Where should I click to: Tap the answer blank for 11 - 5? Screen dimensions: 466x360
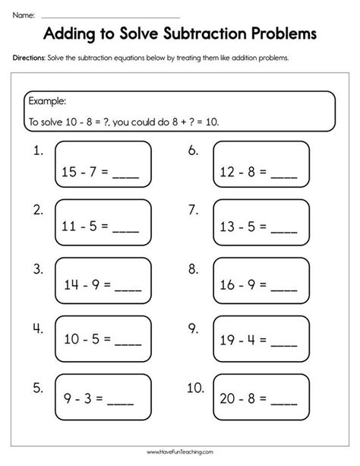pos(126,227)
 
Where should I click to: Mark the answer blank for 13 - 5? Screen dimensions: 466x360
pos(284,227)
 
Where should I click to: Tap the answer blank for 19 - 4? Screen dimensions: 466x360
pos(284,344)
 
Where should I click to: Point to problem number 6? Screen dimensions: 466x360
pos(193,151)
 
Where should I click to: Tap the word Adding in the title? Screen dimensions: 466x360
pos(74,34)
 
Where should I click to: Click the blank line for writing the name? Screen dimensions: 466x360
pos(110,16)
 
